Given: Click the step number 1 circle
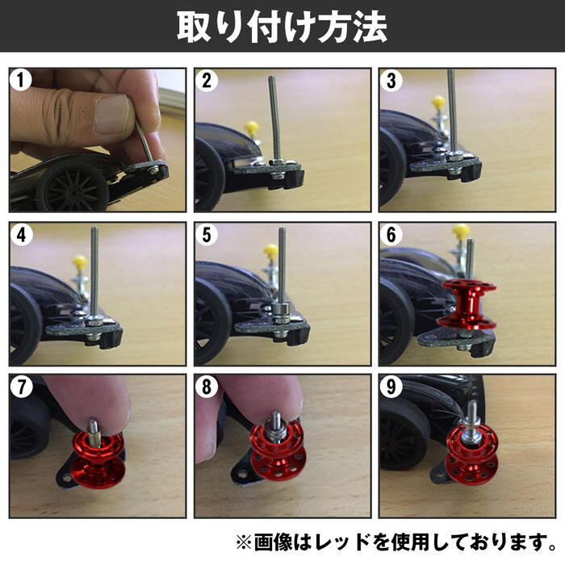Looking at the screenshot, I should click(x=22, y=81).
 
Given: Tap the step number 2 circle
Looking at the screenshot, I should click(x=207, y=81).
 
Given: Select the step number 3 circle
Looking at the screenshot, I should click(x=391, y=81).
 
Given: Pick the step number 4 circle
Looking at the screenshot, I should click(x=22, y=235).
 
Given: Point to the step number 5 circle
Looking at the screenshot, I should click(x=207, y=235).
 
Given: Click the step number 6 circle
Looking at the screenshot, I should click(x=391, y=235).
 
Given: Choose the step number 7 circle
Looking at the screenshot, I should click(x=22, y=387).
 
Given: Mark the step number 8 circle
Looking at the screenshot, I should click(x=207, y=387).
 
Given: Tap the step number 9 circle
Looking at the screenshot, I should click(x=391, y=387).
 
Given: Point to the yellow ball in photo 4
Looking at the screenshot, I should click(x=80, y=262).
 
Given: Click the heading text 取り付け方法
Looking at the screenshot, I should click(x=282, y=27).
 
